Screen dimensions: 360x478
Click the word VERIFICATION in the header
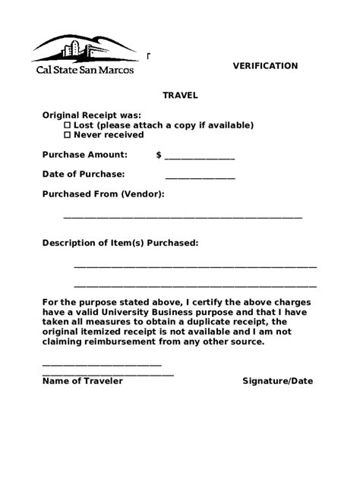point(264,66)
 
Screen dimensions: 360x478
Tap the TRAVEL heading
point(180,96)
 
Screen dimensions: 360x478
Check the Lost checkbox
point(67,125)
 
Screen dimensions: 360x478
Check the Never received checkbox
point(67,135)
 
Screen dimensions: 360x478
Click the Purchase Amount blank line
point(200,158)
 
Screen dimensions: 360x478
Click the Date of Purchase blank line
point(200,178)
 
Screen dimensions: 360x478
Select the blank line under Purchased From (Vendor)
point(182,218)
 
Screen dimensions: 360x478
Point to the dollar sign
point(159,155)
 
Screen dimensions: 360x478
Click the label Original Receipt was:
point(91,115)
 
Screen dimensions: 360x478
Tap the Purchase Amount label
point(84,155)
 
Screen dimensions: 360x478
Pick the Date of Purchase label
point(83,175)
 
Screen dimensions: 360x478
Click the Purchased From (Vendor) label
point(103,194)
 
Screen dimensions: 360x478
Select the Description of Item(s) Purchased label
point(120,244)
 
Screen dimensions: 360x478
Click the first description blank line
point(195,266)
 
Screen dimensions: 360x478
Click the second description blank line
point(195,286)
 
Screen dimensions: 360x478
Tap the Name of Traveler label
point(82,381)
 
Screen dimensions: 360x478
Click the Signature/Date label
point(277,381)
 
